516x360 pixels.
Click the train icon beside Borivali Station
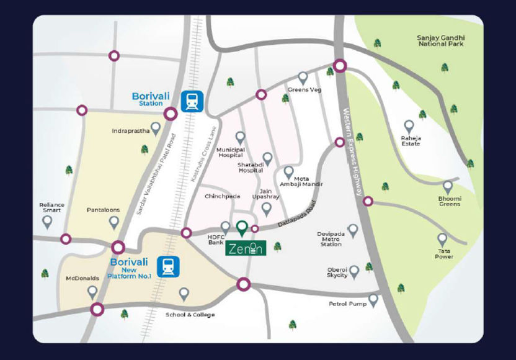192,101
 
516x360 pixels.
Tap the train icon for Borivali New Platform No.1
167,266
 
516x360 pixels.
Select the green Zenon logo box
245,248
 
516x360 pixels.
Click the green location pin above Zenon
242,228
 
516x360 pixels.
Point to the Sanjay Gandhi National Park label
441,41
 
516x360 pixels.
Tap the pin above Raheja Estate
409,127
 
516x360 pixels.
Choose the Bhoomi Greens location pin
448,187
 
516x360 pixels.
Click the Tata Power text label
444,254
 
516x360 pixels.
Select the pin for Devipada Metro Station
353,231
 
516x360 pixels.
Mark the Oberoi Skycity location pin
354,271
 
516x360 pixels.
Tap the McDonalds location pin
92,291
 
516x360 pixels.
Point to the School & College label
190,315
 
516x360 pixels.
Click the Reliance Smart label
51,207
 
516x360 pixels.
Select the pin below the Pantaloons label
114,222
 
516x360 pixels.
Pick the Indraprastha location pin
156,128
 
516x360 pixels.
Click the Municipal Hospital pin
240,138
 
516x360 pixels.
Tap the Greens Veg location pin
303,78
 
